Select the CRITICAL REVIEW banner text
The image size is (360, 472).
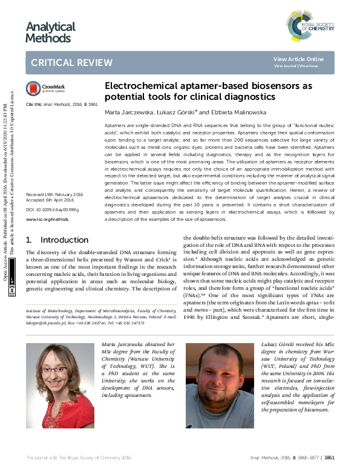point(71,63)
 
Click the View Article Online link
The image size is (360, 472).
point(298,59)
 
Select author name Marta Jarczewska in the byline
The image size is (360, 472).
point(126,112)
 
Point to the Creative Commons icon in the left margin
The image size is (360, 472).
point(12,290)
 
